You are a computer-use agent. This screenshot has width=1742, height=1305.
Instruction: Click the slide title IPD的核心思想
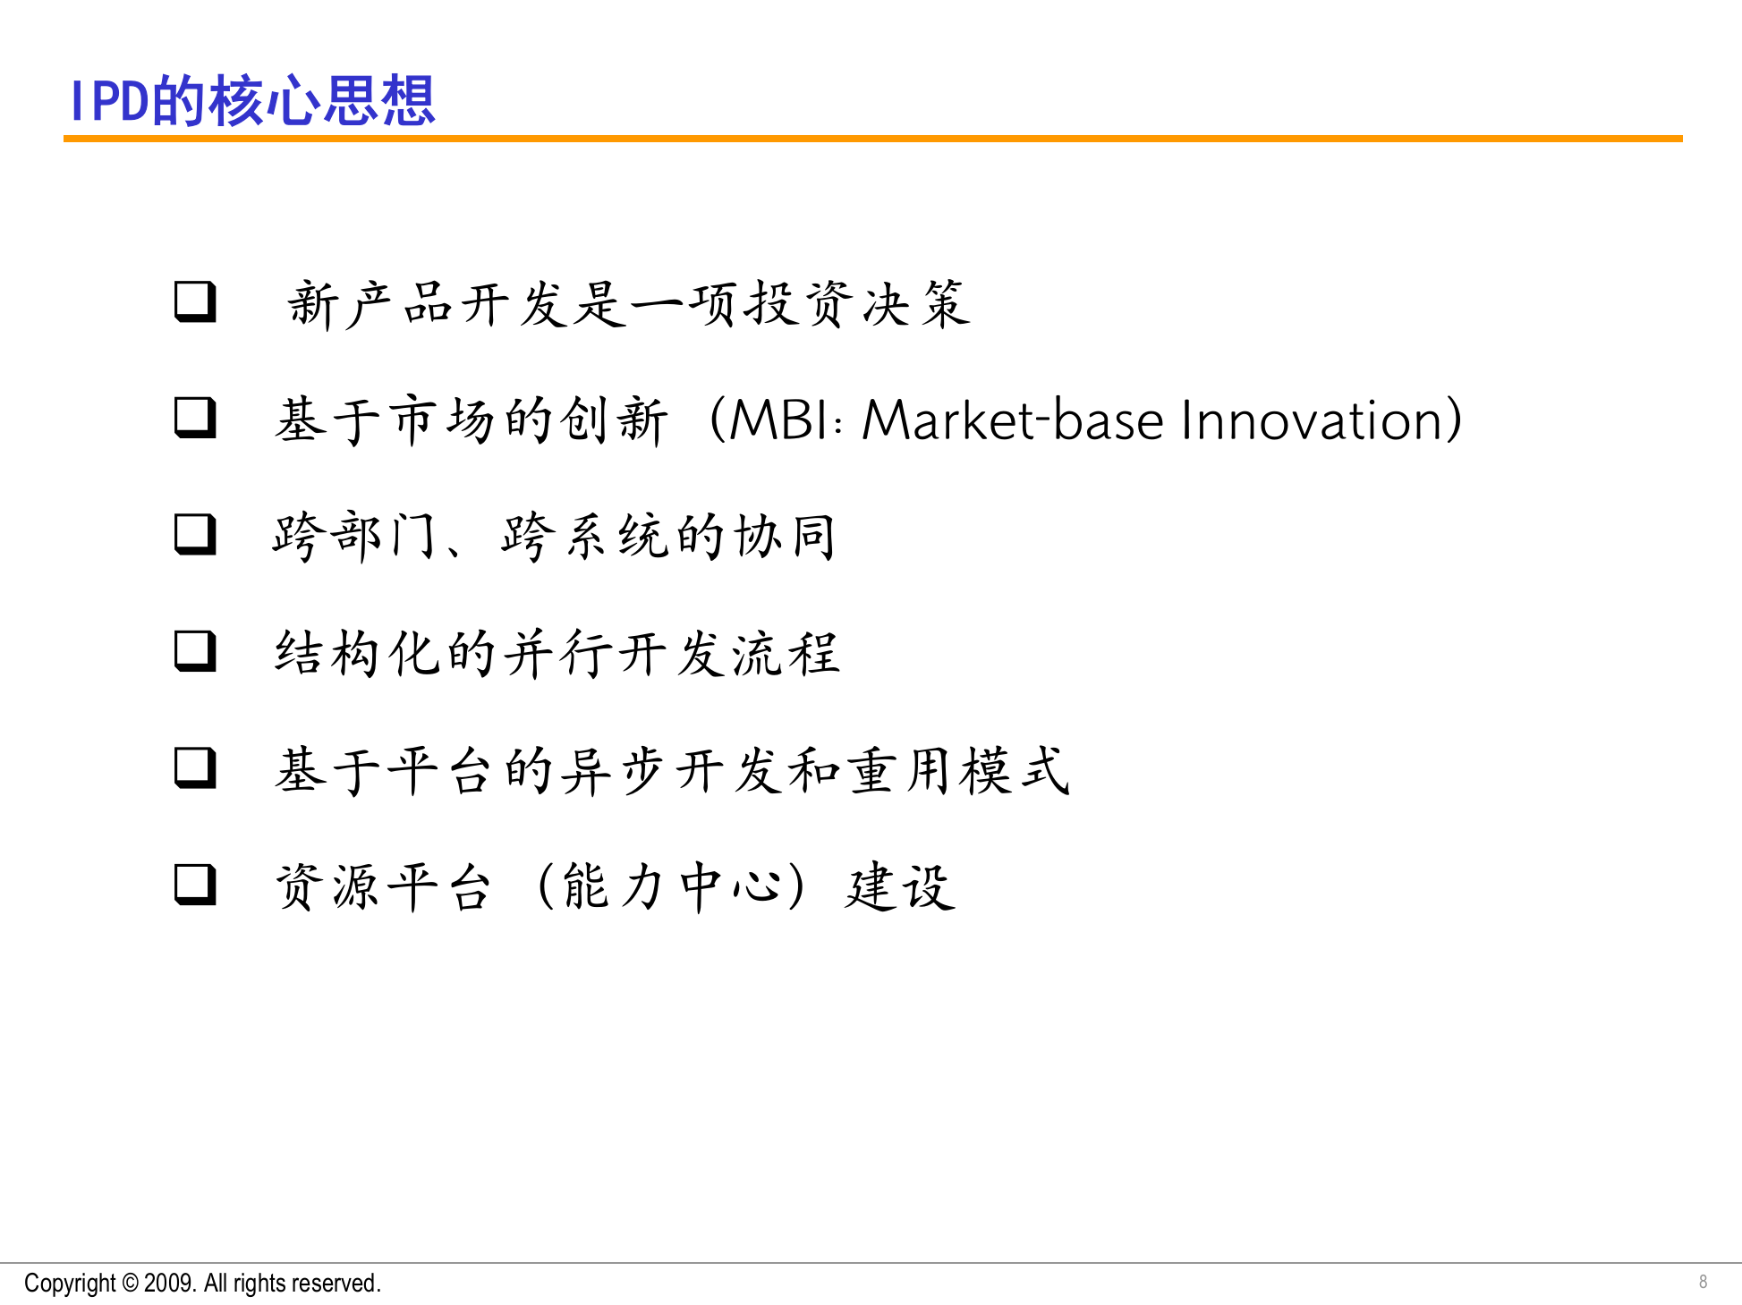coord(252,100)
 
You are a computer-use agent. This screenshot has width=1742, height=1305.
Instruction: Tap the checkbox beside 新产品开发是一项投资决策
coord(195,301)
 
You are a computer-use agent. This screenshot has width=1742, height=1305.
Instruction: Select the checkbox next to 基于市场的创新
coord(195,418)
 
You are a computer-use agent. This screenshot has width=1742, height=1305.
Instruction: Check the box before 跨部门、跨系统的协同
coord(195,534)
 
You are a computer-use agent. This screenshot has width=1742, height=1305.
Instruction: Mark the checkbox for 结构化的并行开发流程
coord(195,651)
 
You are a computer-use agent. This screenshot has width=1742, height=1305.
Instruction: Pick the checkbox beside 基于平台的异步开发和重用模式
coord(195,767)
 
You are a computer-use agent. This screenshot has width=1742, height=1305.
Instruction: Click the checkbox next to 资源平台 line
coord(195,885)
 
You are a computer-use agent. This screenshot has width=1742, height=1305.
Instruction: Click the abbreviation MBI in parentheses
coord(778,419)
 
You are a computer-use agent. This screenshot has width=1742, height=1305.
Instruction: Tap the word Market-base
coord(1011,419)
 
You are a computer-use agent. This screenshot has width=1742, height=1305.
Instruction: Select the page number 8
coord(1703,1282)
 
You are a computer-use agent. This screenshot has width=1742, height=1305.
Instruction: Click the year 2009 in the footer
coord(168,1284)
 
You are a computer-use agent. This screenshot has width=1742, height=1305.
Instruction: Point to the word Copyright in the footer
coord(70,1284)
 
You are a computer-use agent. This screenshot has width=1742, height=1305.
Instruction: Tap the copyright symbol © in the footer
coord(130,1284)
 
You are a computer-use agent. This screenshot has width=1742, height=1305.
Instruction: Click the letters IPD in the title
coord(109,100)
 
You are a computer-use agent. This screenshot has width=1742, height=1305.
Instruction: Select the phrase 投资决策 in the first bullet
coord(859,304)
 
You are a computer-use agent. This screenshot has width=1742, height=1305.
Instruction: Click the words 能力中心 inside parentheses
coord(671,886)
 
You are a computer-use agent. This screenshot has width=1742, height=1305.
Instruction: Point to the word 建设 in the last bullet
coord(899,886)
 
